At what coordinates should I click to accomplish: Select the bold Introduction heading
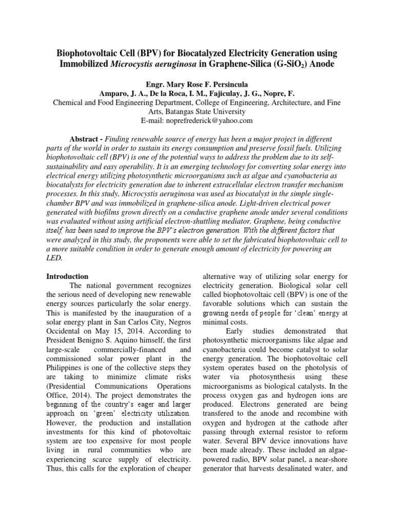click(x=67, y=276)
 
